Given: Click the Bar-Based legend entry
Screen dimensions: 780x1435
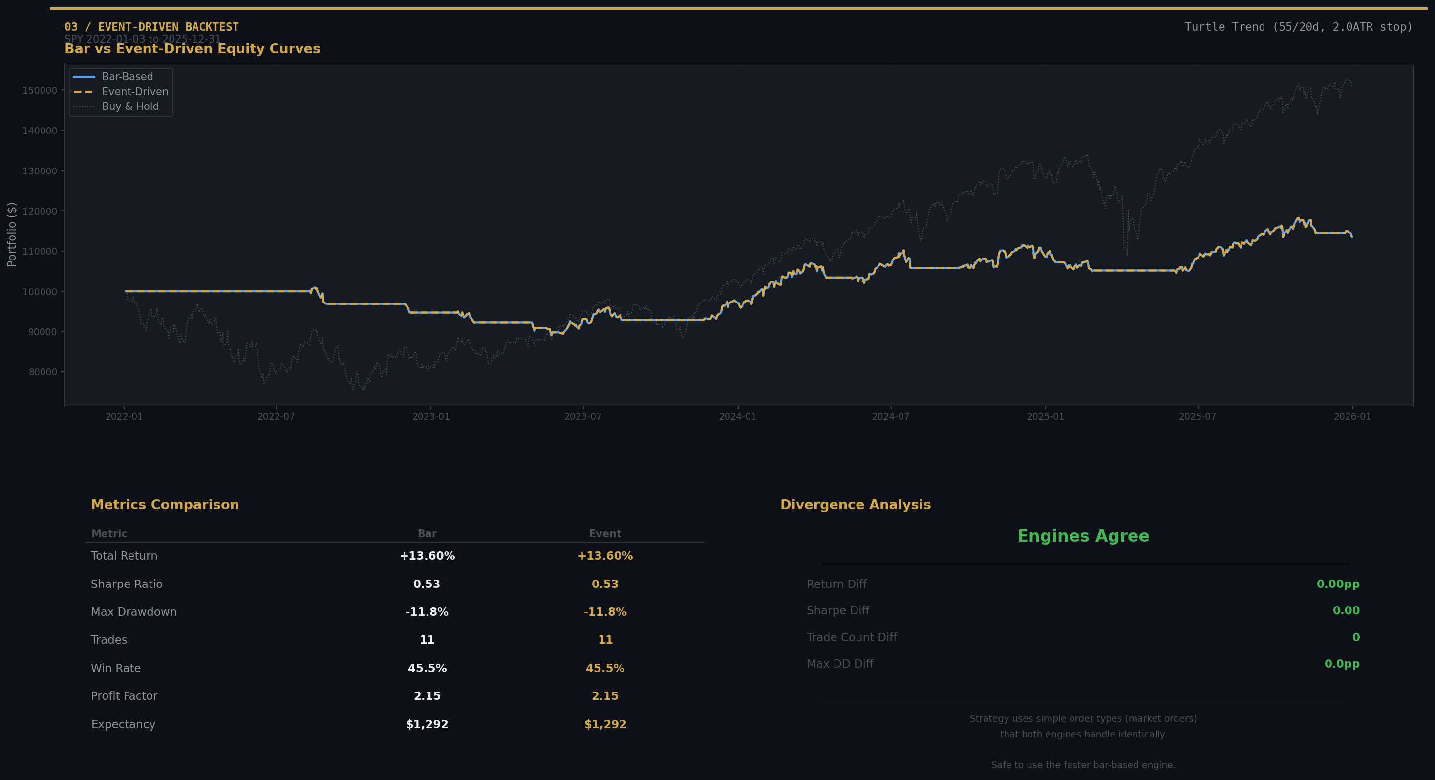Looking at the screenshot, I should tap(127, 77).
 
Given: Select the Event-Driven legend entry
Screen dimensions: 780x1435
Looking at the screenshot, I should tap(134, 92).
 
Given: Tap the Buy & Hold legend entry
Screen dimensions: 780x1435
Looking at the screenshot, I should tap(130, 107).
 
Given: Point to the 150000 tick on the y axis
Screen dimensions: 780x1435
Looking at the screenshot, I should tap(40, 90).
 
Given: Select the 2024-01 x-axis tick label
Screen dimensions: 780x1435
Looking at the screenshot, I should tap(738, 417).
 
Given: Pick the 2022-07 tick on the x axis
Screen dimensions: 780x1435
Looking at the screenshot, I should tap(276, 417).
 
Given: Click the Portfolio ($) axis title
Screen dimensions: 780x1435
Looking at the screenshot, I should tap(12, 235).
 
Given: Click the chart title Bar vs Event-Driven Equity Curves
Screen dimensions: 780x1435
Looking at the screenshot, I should tap(192, 49).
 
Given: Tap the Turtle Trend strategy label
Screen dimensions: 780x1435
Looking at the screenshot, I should tap(1298, 27).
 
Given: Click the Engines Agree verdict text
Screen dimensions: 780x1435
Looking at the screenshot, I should tap(1083, 536).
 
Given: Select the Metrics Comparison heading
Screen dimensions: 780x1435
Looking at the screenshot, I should tap(165, 505).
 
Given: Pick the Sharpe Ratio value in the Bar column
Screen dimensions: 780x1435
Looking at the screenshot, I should tap(427, 584).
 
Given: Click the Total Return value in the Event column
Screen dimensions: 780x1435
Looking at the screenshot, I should tap(605, 556).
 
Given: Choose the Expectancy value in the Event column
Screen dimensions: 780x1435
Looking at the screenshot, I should tap(605, 724).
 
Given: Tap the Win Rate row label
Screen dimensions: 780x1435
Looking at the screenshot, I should tap(116, 668).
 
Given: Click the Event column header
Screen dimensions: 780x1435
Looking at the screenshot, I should tap(605, 534).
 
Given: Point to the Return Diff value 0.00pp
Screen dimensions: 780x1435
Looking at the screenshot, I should tap(1337, 584).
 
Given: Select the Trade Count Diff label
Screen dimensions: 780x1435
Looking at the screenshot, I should tap(851, 637).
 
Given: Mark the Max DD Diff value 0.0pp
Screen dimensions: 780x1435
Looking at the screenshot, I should tap(1341, 664).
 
